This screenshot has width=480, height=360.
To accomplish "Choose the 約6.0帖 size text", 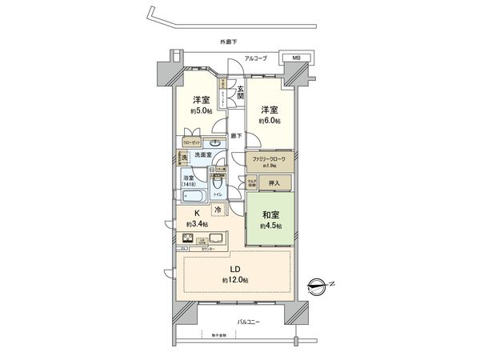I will pyautogui.click(x=267, y=119).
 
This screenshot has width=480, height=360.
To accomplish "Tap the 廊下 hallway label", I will pyautogui.click(x=236, y=136).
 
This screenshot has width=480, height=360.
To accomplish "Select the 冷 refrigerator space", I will pyautogui.click(x=218, y=210).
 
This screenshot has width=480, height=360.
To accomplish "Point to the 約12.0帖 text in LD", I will pyautogui.click(x=235, y=279).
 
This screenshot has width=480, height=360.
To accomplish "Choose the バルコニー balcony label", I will pyautogui.click(x=250, y=322).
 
